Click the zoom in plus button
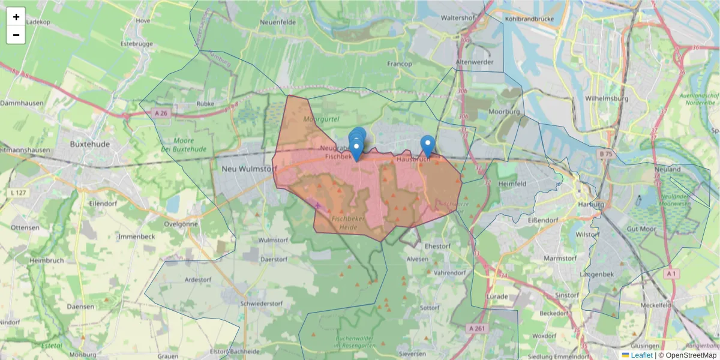point(16,17)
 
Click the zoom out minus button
point(16,35)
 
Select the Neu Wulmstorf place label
point(247,169)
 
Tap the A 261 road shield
point(478,328)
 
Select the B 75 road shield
point(605,154)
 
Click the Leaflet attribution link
point(641,355)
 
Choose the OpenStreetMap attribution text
point(687,355)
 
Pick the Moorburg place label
point(504,112)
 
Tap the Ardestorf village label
point(199,280)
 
